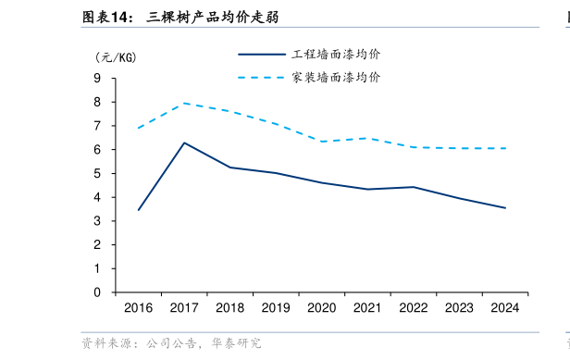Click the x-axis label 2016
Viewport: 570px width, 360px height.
(139, 307)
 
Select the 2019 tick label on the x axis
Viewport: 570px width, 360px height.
(276, 307)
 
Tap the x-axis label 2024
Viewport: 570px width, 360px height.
(504, 307)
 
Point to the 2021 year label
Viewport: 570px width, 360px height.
(367, 307)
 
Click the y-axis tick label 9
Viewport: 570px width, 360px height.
(97, 78)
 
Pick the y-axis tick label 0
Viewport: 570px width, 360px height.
(97, 292)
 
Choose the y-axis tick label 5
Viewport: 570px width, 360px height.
(97, 173)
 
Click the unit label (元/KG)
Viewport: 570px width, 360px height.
(116, 56)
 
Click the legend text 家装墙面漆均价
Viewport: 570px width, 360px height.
(336, 78)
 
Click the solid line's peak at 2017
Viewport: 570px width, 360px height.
(184, 143)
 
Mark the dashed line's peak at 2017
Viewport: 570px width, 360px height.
(184, 103)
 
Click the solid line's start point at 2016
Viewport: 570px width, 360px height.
(139, 210)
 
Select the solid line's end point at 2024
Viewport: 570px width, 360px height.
(504, 208)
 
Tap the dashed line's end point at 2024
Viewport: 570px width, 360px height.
(504, 148)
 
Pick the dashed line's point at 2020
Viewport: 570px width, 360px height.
(321, 142)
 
